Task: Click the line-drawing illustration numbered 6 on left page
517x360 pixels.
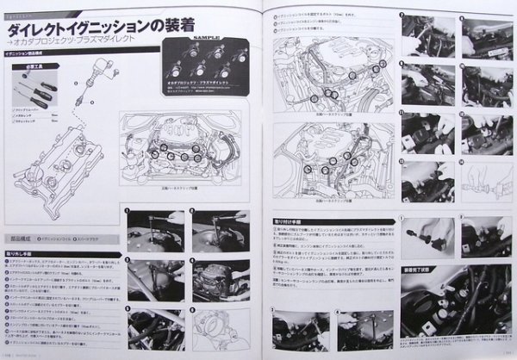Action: [x=219, y=328]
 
